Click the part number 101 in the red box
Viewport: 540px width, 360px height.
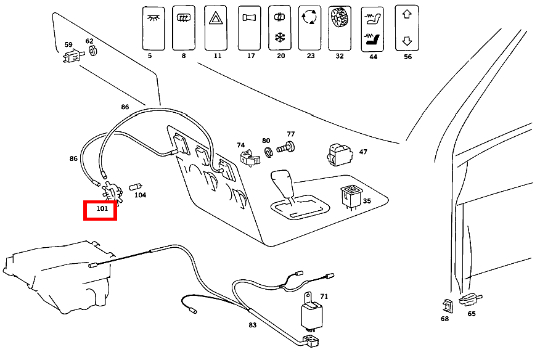tap(100, 210)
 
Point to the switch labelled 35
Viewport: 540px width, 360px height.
tap(351, 197)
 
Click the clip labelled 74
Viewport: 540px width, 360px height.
tap(248, 158)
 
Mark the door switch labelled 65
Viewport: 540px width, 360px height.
tap(470, 300)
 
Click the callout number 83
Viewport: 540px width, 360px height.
tap(253, 325)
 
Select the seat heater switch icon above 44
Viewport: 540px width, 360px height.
tap(372, 28)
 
